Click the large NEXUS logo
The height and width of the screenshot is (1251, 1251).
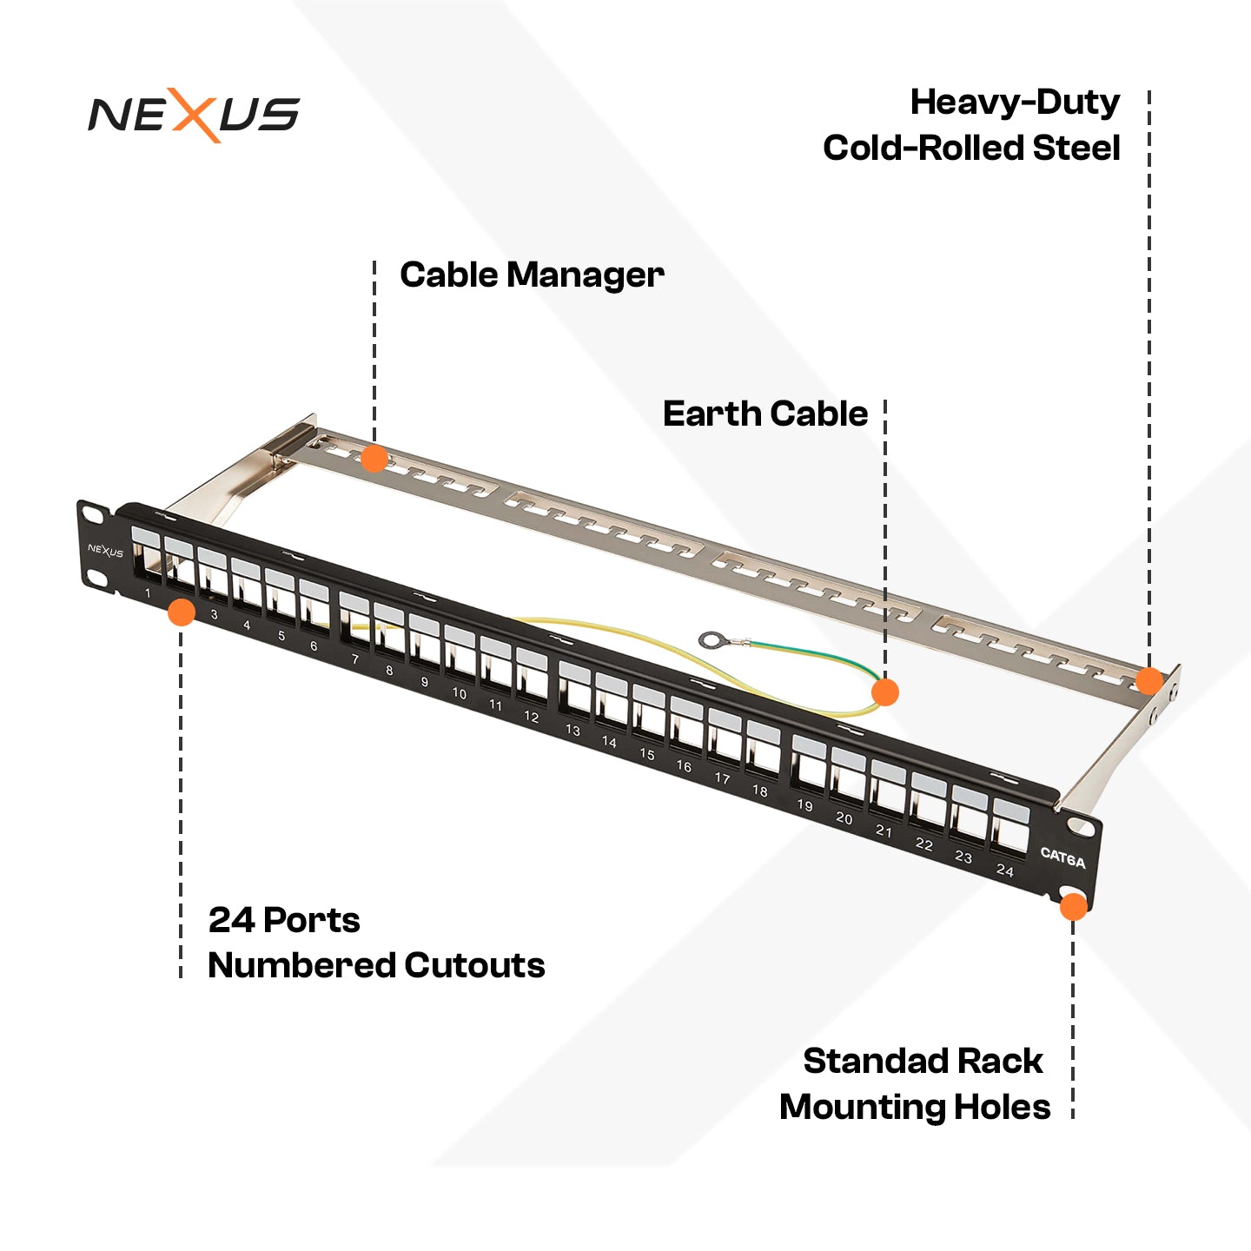tap(194, 115)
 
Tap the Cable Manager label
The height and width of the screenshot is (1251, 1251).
tap(532, 275)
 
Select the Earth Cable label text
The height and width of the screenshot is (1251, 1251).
tap(764, 414)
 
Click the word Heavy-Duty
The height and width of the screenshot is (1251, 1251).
tap(1015, 103)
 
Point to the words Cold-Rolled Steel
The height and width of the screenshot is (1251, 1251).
tap(971, 148)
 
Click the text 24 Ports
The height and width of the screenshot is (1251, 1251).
tap(284, 920)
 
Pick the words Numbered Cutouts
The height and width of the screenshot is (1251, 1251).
tap(376, 965)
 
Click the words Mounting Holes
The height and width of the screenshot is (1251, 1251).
tap(915, 1107)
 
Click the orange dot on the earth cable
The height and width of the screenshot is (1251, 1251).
tap(884, 692)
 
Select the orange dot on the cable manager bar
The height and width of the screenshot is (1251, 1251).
tap(374, 458)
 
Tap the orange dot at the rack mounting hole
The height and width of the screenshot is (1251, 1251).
tap(1073, 906)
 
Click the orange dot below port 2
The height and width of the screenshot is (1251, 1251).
tap(181, 612)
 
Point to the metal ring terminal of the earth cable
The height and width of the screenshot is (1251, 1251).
tap(712, 641)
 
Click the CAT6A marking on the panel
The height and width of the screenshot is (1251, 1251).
tap(1062, 858)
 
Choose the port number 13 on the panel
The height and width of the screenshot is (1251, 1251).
tap(573, 731)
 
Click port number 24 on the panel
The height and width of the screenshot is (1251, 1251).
tap(1004, 870)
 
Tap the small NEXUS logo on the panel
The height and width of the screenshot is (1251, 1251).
tap(105, 551)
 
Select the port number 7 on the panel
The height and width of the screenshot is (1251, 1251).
tap(354, 659)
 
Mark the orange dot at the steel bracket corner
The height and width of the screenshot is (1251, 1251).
tap(1148, 680)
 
